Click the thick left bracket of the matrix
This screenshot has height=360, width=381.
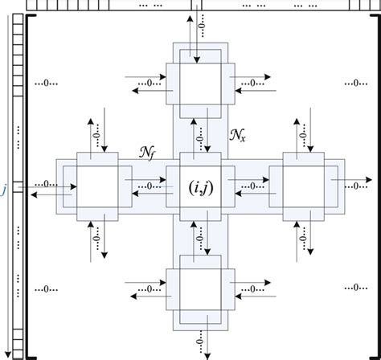28,185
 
